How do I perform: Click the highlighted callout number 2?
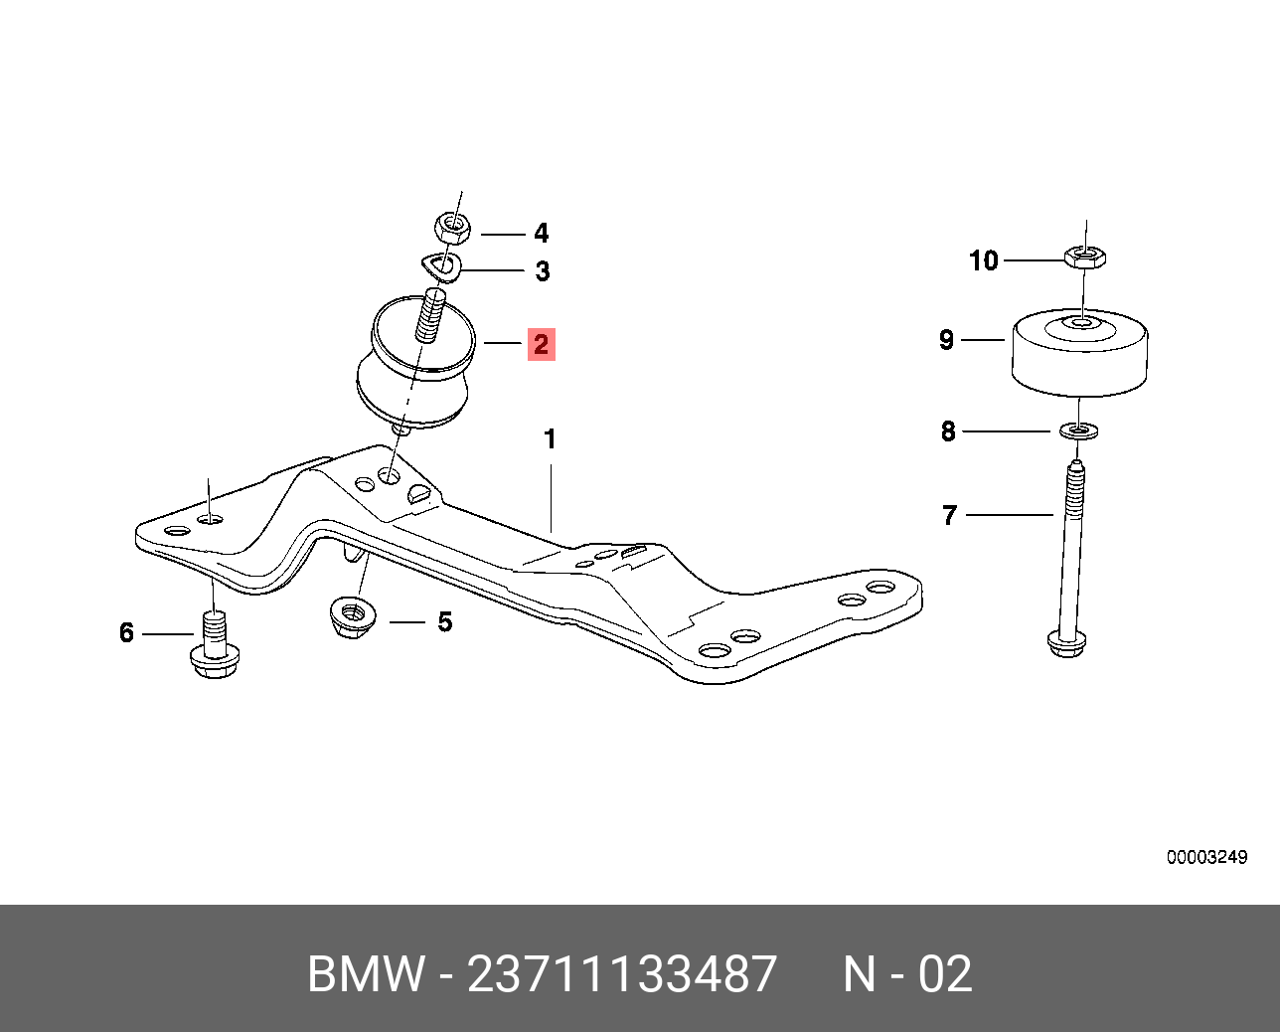coord(541,345)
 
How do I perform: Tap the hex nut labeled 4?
coord(454,227)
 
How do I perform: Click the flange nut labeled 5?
coord(352,617)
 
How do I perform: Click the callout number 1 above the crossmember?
coord(551,439)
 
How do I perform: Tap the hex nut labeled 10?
coord(1084,258)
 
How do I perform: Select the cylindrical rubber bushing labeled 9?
coord(1080,352)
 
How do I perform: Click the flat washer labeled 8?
coord(1079,430)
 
